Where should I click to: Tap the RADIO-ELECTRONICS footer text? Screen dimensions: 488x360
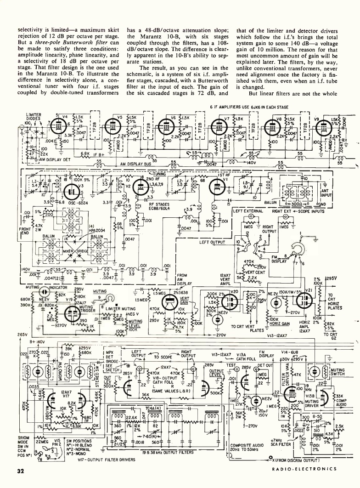click(304, 469)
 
